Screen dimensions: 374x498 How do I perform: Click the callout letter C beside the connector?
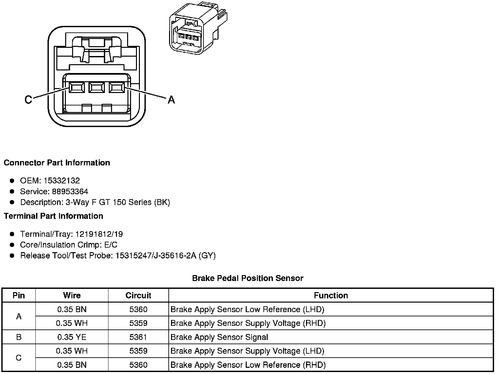[29, 99]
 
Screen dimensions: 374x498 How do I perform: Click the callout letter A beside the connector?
[171, 100]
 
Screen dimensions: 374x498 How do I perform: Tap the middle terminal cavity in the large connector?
[96, 87]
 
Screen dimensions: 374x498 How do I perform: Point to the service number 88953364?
[70, 191]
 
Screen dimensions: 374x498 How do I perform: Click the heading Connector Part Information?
[57, 163]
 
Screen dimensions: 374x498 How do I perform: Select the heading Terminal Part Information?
[53, 216]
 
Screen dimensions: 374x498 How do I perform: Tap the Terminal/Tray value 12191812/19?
[99, 234]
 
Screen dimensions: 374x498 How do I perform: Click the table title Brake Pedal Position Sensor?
[248, 278]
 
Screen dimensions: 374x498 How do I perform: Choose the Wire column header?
[72, 295]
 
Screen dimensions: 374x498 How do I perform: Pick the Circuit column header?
[138, 295]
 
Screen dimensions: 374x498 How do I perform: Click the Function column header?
[331, 295]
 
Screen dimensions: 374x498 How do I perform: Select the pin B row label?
[19, 337]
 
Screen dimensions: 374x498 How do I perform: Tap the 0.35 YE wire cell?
[72, 337]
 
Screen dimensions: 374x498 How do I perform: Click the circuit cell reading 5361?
[138, 337]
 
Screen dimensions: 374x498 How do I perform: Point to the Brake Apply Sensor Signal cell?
[220, 337]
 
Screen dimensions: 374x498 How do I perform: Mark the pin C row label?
[19, 358]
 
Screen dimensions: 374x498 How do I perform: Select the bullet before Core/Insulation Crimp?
[12, 245]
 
